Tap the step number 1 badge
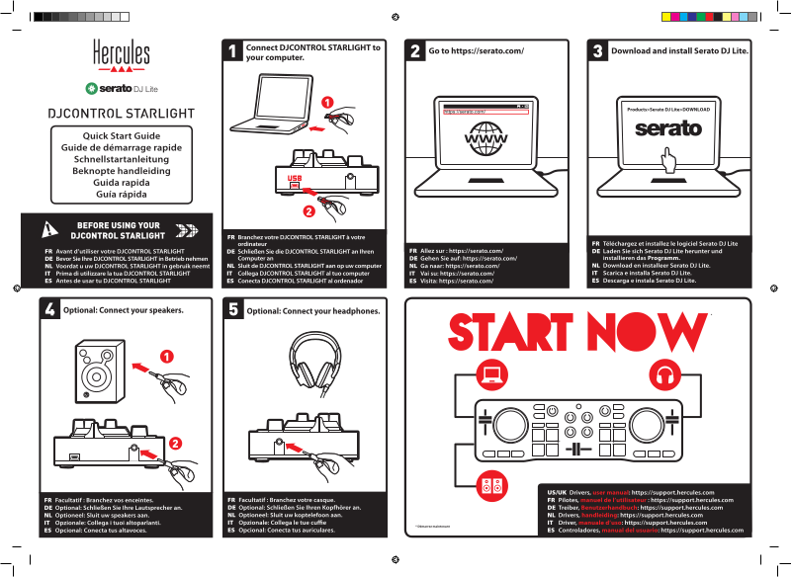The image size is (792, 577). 232,52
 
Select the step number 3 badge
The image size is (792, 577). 597,51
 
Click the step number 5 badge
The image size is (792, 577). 233,310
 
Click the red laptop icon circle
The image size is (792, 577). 490,375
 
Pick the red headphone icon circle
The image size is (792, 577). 662,375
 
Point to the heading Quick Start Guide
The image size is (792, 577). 122,134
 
